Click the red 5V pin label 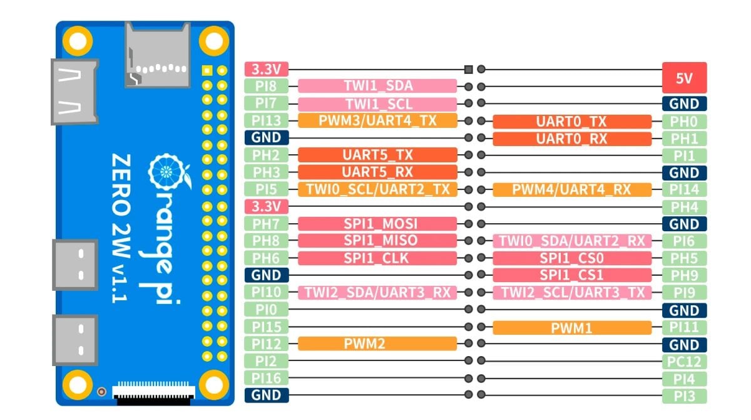tap(684, 78)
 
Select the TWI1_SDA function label tap(377, 87)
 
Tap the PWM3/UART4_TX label tap(377, 121)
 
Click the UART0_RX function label tap(571, 139)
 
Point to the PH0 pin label tap(684, 122)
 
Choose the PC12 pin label tap(684, 362)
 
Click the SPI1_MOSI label tap(377, 224)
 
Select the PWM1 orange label tap(571, 327)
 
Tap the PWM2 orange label tap(377, 344)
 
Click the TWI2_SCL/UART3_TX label tap(571, 292)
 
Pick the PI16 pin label tap(267, 378)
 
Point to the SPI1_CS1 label tap(571, 275)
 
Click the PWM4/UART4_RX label tap(571, 189)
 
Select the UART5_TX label tap(377, 155)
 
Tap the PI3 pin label tap(684, 396)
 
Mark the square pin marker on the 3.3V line tap(468, 70)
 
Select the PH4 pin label tap(684, 207)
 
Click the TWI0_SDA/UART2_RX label tap(571, 241)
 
